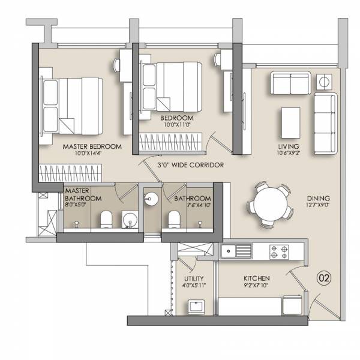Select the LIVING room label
click(288, 146)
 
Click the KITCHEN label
click(256, 278)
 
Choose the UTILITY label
click(194, 278)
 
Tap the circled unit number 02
click(324, 278)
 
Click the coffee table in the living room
click(291, 122)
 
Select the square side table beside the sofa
click(325, 82)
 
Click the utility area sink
click(195, 308)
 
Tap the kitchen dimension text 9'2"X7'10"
click(256, 286)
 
